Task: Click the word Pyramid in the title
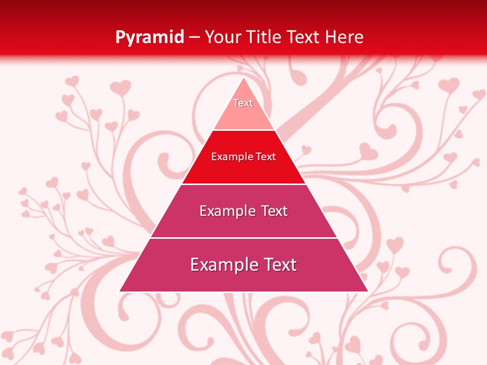pyautogui.click(x=149, y=37)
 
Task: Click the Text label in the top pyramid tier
pyautogui.click(x=243, y=103)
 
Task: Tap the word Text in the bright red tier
pyautogui.click(x=266, y=157)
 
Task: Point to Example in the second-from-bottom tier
pyautogui.click(x=226, y=211)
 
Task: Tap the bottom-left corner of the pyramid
pyautogui.click(x=120, y=291)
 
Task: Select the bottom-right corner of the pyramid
pyautogui.click(x=368, y=291)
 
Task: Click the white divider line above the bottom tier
pyautogui.click(x=243, y=238)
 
